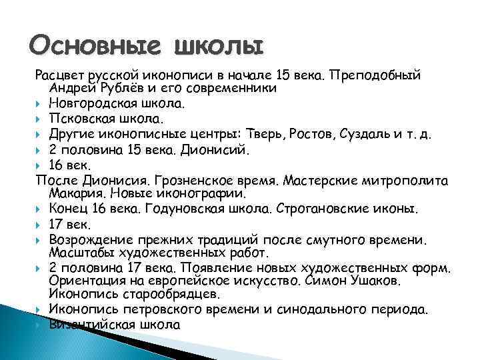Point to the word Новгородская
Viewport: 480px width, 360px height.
tap(88, 103)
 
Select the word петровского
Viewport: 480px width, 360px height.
tap(159, 310)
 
